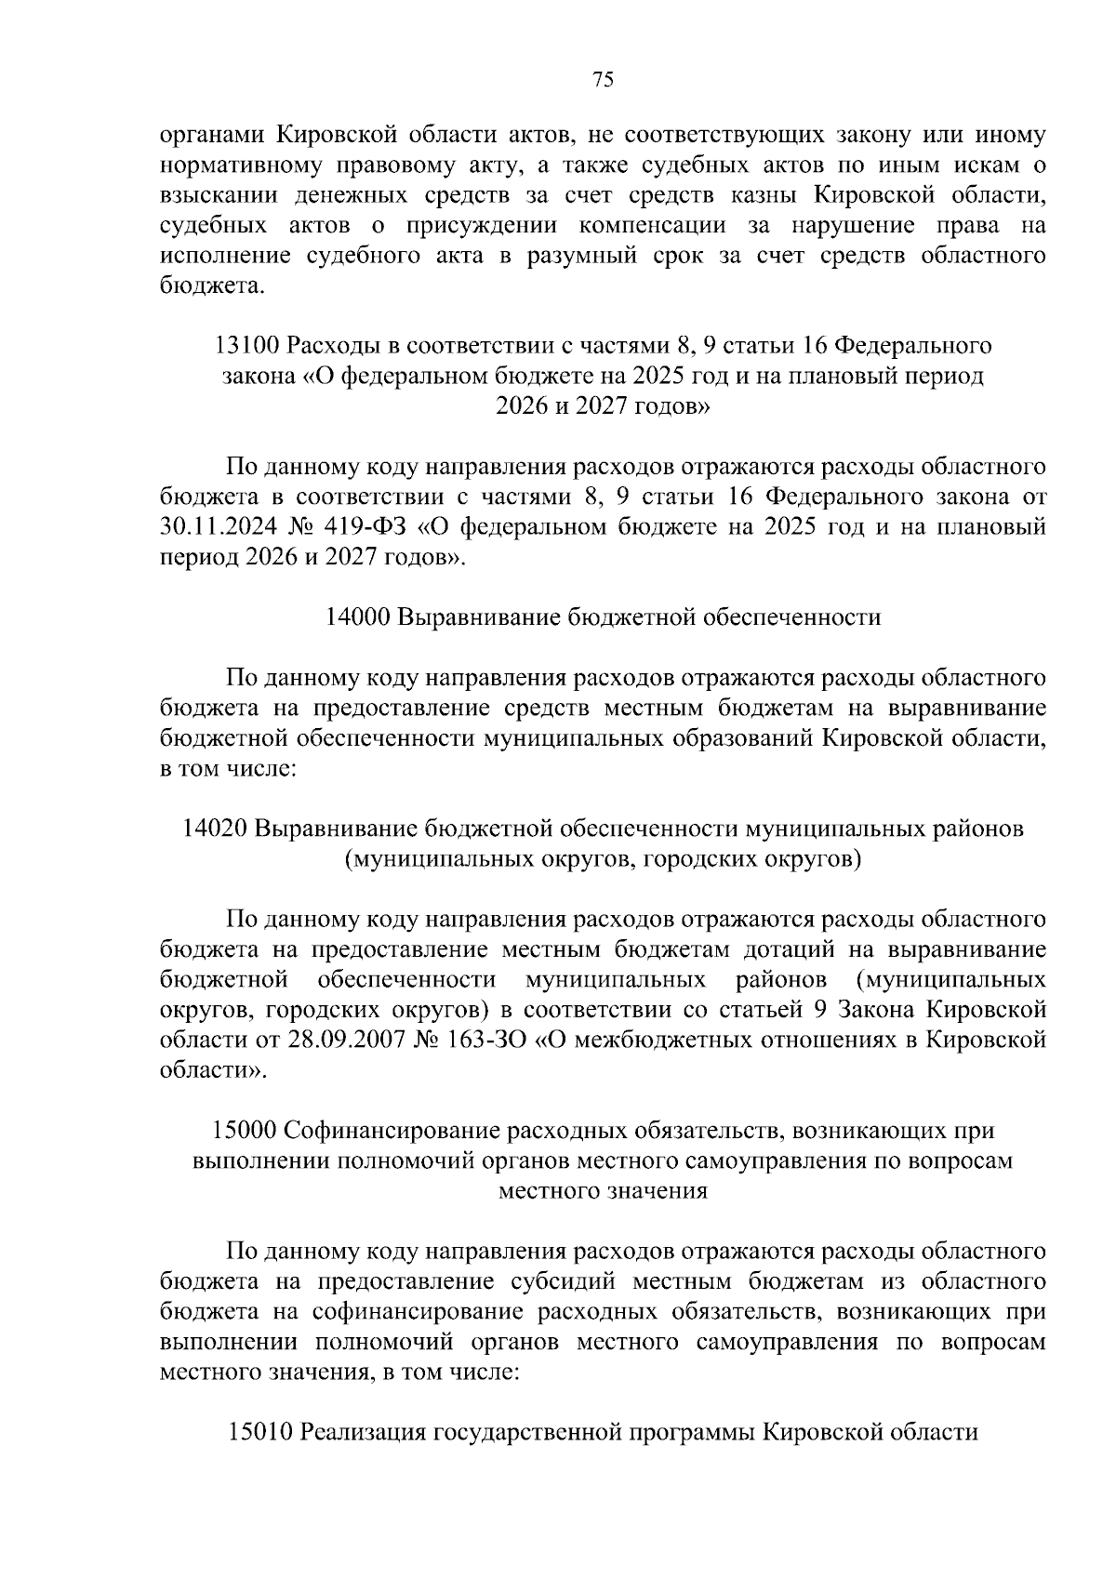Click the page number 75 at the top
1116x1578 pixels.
coord(603,80)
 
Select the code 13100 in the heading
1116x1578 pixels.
coord(246,346)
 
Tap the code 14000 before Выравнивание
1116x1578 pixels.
coord(359,617)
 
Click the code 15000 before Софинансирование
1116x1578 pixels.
coord(244,1131)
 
